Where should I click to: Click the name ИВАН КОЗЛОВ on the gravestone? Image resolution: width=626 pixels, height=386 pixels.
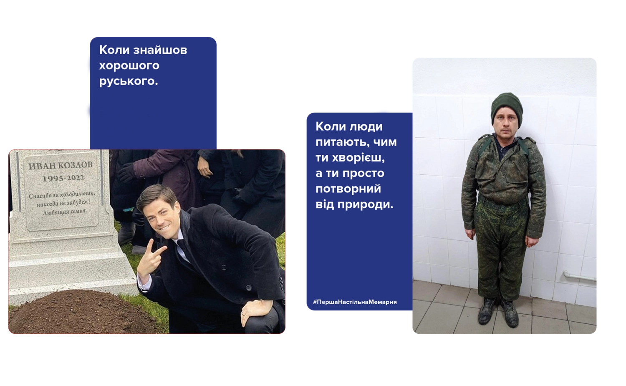pos(60,166)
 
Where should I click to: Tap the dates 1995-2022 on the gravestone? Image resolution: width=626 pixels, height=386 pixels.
pos(63,178)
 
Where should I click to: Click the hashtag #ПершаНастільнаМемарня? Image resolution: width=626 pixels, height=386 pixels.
pos(355,302)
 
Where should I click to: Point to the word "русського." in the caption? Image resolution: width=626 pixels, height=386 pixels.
pos(129,81)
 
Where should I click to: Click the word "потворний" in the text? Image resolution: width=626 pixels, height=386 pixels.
pos(348,189)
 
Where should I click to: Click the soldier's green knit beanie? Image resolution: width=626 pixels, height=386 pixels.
pos(506,104)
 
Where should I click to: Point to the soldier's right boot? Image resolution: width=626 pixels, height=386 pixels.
pos(487,312)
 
